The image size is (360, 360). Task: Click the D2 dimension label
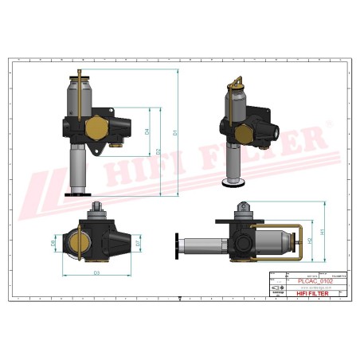[x=159, y=151]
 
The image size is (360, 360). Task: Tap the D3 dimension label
[x=96, y=273]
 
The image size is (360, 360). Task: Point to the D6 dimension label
[x=53, y=244]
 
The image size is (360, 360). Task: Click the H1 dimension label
[x=322, y=231]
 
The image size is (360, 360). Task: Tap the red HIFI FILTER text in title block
[x=314, y=294]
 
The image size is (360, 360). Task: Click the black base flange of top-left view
[x=78, y=193]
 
